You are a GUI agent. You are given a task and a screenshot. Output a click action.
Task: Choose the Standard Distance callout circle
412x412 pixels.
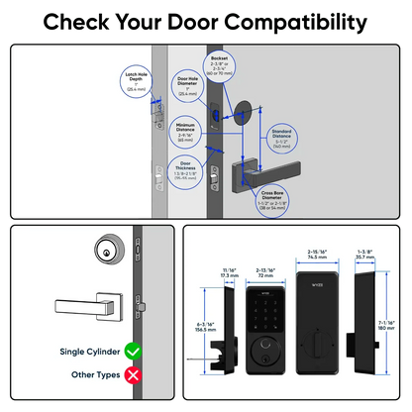click(x=287, y=138)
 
